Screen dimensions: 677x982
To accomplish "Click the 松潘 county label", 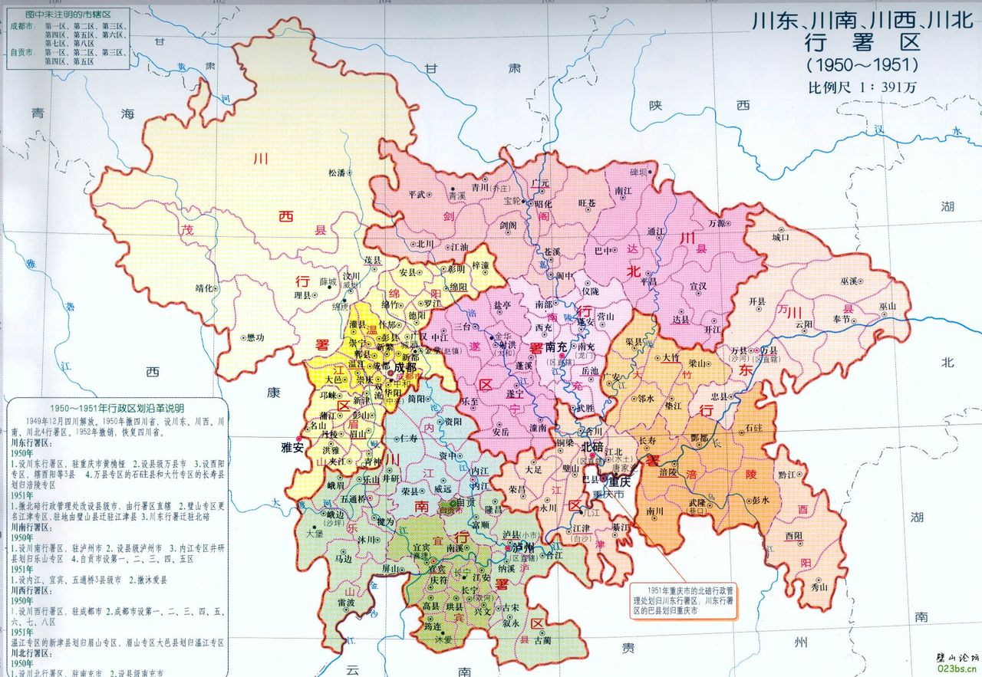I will (x=337, y=173).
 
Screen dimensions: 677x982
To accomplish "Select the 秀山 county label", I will (x=819, y=587).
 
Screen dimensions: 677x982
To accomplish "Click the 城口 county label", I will (x=780, y=238).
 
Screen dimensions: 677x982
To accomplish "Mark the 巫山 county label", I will (x=887, y=307).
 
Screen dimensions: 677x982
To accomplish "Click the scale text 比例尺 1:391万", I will (x=862, y=87).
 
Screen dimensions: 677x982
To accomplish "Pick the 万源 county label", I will (x=717, y=223).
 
